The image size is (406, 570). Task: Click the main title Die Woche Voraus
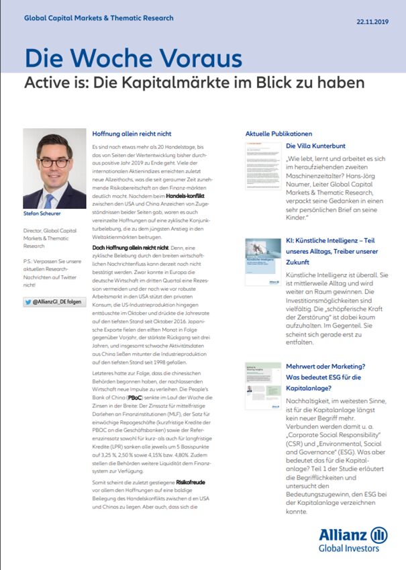pos(133,58)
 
